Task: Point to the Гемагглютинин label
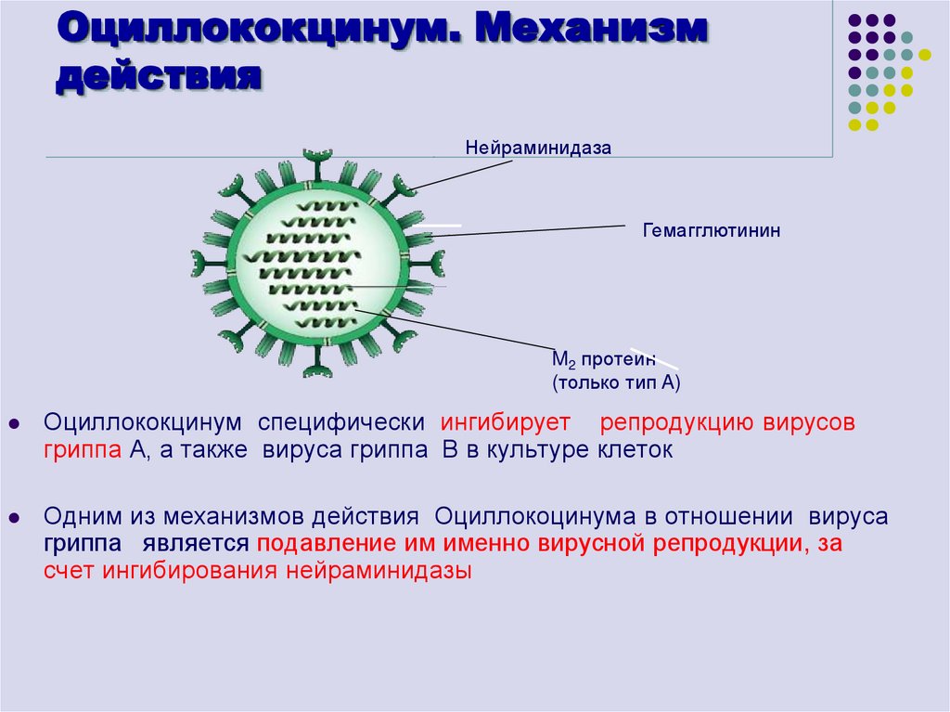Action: pyautogui.click(x=712, y=229)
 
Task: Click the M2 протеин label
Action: pyautogui.click(x=604, y=360)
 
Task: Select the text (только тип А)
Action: pyautogui.click(x=617, y=382)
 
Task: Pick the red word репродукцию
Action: pyautogui.click(x=677, y=423)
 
